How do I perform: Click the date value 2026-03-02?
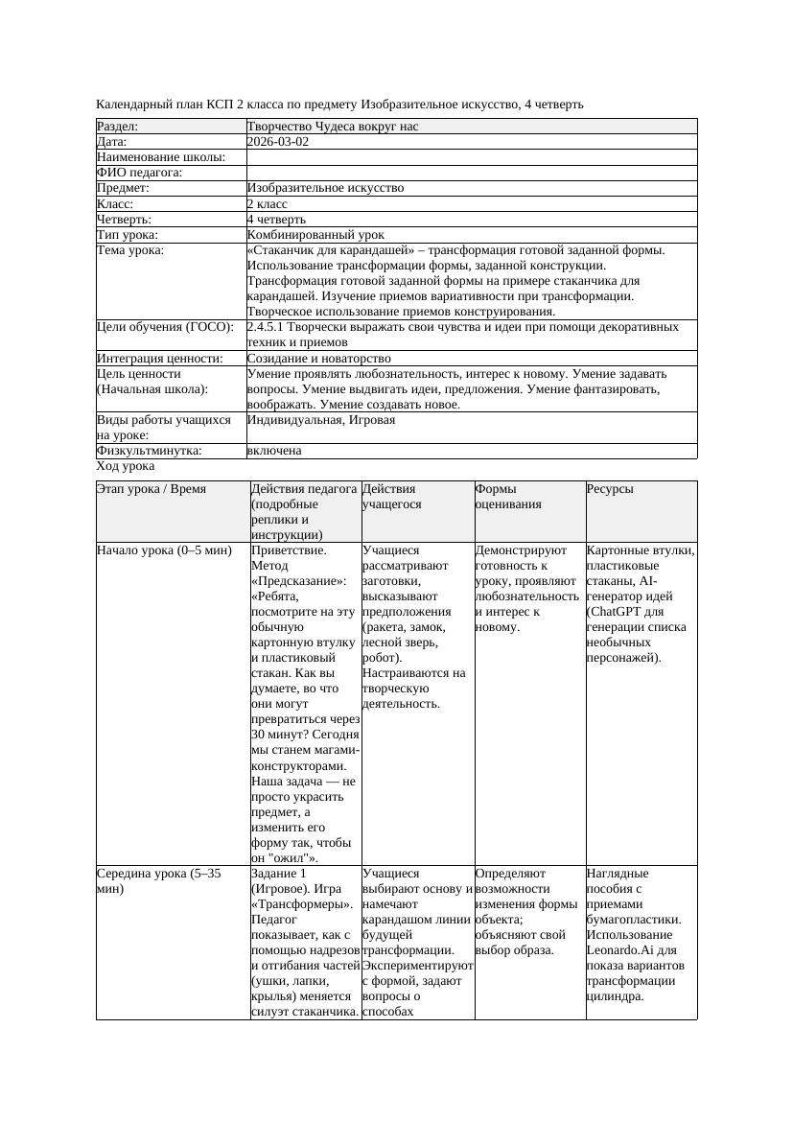click(278, 142)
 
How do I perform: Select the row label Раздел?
click(118, 127)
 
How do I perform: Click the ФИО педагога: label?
click(140, 173)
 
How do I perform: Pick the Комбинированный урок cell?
click(315, 234)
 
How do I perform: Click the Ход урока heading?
click(126, 466)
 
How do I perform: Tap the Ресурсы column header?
click(610, 489)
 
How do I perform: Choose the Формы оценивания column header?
click(508, 496)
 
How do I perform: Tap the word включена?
click(274, 451)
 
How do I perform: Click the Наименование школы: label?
click(161, 157)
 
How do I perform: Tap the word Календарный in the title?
click(134, 104)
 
